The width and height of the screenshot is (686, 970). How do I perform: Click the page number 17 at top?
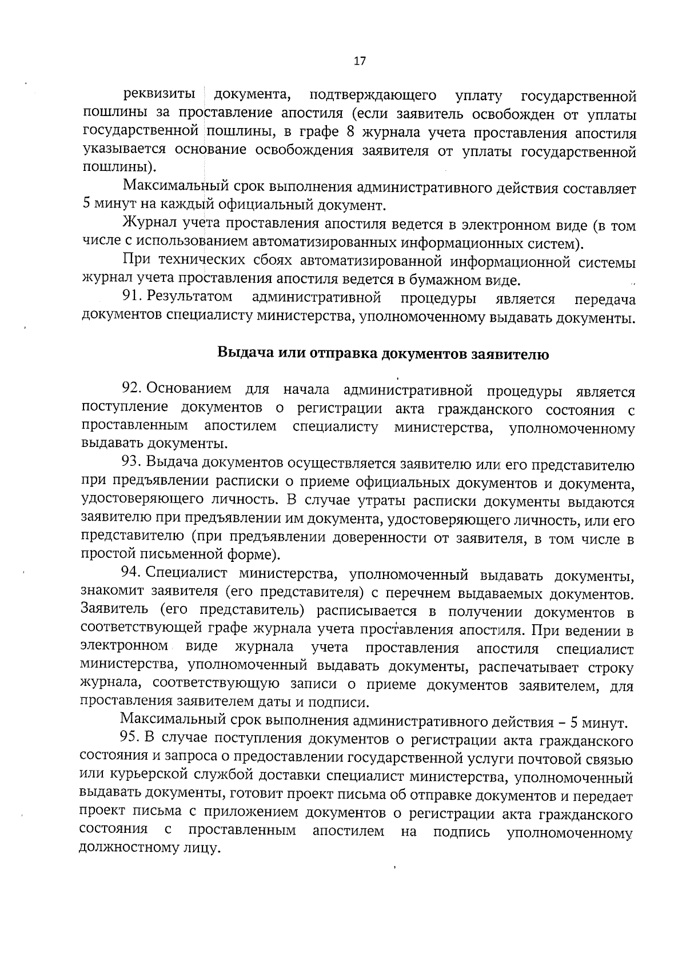coord(360,61)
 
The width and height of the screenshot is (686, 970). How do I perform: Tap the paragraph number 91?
coord(131,297)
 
